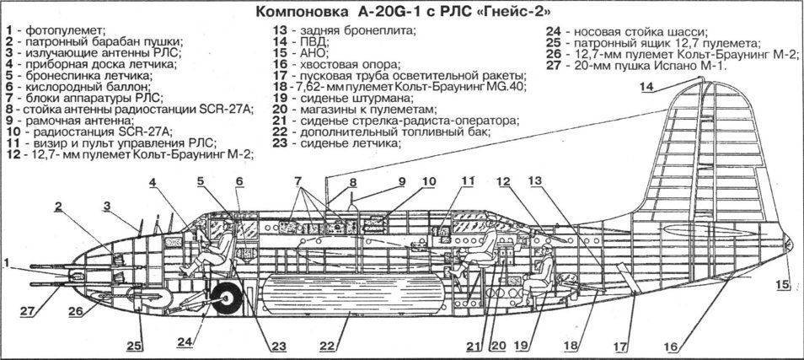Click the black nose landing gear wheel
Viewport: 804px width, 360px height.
[x=226, y=296]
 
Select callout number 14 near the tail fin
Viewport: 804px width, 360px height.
[x=646, y=87]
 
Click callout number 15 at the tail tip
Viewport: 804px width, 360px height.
[x=784, y=284]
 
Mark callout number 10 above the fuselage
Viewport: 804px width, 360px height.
[x=430, y=180]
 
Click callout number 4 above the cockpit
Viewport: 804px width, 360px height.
[x=154, y=182]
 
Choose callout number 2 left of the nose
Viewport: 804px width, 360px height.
[x=60, y=206]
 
